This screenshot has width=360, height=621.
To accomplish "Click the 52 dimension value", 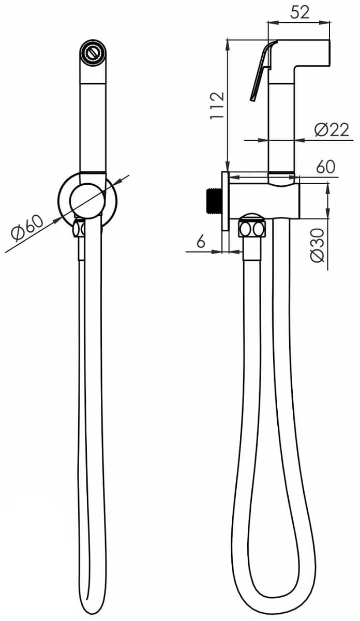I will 299,11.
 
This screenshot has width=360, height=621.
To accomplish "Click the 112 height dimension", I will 218,105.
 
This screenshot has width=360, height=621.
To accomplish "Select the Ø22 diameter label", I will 332,129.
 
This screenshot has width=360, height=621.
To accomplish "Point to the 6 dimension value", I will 201,242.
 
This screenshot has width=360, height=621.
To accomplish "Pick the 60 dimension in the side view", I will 325,167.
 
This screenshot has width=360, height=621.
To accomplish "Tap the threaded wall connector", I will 214,200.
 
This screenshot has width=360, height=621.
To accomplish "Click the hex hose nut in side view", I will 252,228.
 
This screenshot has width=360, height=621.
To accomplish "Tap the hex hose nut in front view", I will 79,228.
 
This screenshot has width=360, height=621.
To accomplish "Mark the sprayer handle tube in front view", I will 93,124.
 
